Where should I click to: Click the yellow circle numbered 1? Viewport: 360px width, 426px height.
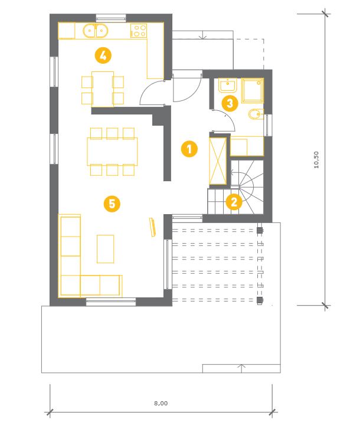189,149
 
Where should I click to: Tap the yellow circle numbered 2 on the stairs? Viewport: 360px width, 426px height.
234,202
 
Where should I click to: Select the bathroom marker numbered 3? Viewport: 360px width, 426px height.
230,103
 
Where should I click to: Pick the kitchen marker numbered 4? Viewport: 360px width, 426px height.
103,55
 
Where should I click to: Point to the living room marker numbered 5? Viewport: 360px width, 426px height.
112,204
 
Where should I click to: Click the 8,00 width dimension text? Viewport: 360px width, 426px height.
161,404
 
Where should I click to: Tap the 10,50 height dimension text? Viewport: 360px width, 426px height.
316,160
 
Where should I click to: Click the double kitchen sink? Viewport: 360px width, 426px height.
96,31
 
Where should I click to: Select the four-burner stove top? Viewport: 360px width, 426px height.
139,31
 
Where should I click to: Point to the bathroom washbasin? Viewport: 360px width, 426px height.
227,86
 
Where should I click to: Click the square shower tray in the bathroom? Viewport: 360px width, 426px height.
253,90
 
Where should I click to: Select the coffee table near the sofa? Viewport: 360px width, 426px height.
106,249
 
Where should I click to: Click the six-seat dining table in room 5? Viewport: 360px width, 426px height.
112,152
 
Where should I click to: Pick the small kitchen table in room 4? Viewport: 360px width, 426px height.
103,89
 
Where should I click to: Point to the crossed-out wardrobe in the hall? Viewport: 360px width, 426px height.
218,161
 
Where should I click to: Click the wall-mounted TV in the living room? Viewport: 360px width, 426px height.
153,227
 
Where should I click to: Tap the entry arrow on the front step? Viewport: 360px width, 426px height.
202,35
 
